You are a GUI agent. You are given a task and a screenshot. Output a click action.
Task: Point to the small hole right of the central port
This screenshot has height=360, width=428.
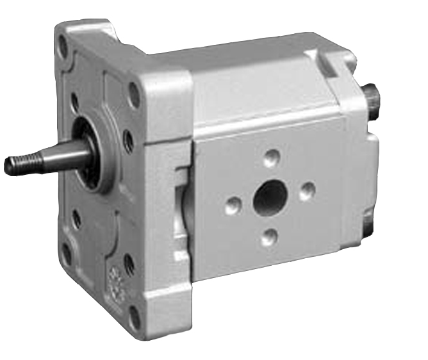(x=308, y=189)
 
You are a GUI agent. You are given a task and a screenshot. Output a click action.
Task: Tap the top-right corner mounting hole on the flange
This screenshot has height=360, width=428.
(x=135, y=96)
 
